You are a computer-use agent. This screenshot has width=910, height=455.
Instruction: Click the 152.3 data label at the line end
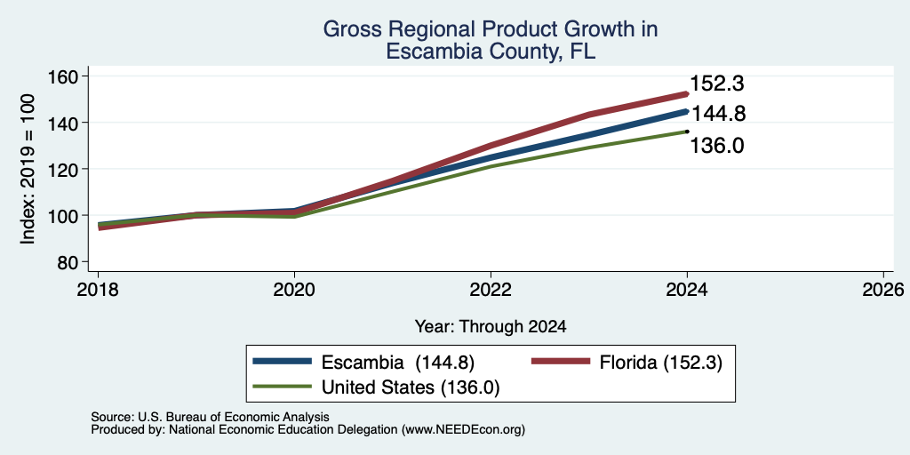(717, 84)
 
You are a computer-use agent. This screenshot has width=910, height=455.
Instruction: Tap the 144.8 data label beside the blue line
(718, 114)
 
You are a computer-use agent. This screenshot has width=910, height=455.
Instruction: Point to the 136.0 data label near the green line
(717, 146)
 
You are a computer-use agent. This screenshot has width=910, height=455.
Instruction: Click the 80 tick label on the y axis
(69, 262)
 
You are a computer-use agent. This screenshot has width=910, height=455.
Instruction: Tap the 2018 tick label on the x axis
(98, 289)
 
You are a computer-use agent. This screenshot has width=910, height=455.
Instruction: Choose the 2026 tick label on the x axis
(882, 289)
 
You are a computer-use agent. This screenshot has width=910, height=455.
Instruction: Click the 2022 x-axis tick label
(491, 289)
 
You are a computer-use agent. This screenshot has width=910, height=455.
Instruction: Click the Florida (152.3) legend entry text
(660, 363)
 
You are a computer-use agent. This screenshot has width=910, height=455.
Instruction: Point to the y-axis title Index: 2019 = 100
(28, 168)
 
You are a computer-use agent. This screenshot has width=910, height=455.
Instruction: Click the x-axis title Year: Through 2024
(491, 327)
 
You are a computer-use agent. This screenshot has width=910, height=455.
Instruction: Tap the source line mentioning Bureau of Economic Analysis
(210, 417)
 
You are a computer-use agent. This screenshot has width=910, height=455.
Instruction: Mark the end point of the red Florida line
(687, 93)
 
